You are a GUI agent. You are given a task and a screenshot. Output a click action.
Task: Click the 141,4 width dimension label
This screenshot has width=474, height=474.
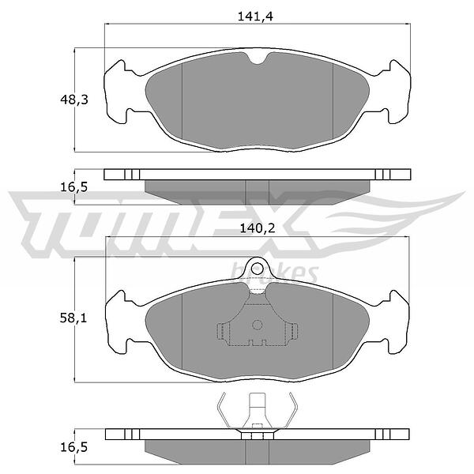click(x=255, y=17)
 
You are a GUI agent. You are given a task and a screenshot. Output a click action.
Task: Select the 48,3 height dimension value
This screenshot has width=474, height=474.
click(x=74, y=100)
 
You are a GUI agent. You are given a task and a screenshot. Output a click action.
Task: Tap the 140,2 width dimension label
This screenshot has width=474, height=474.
click(x=258, y=228)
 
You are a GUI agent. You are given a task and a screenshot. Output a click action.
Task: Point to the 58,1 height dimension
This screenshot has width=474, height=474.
click(x=73, y=318)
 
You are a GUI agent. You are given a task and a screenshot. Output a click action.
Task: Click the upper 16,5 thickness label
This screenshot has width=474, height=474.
click(x=74, y=187)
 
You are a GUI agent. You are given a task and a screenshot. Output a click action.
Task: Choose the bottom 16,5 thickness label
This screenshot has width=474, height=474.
click(x=74, y=447)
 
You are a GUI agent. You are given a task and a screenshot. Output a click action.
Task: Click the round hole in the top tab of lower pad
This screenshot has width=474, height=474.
click(x=258, y=268)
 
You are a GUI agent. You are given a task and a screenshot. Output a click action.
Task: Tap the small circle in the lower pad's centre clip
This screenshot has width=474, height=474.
click(x=258, y=325)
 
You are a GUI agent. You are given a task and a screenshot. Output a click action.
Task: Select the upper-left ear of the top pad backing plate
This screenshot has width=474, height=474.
click(x=116, y=69)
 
